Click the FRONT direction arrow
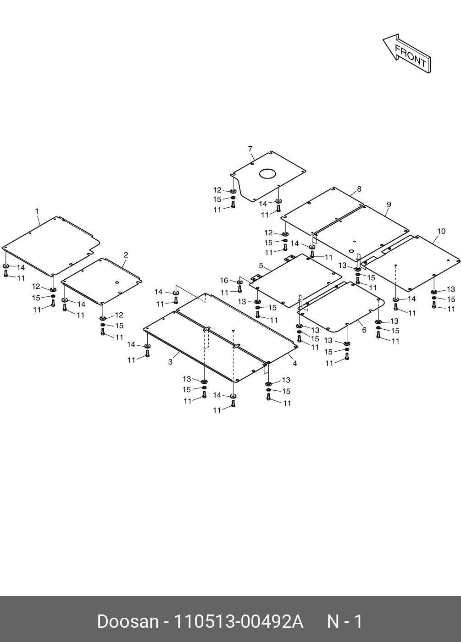[x=406, y=53]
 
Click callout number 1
[x=37, y=211]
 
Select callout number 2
[x=126, y=255]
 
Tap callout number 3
[x=170, y=362]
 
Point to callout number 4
[x=295, y=363]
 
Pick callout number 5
[x=261, y=266]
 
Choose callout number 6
[x=364, y=330]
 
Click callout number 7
[x=250, y=149]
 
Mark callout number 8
[x=359, y=189]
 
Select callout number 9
[x=389, y=204]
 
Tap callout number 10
[x=441, y=231]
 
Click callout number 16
[x=224, y=281]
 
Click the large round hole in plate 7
[x=267, y=174]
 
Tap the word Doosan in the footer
[x=128, y=622]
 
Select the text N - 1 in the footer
[x=344, y=622]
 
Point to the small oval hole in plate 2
[x=117, y=282]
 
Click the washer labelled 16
[x=239, y=282]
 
